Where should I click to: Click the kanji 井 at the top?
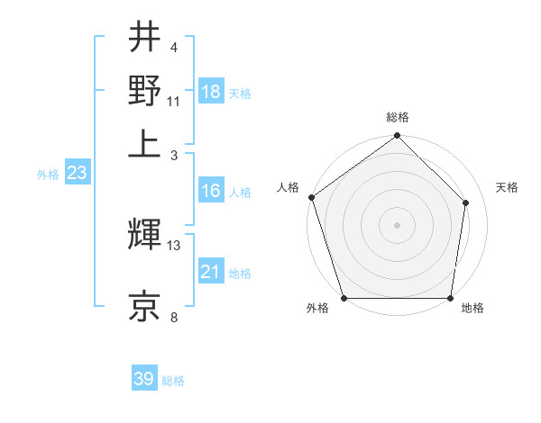pos(144,39)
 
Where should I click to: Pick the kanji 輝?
pos(144,237)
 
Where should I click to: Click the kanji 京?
pos(144,305)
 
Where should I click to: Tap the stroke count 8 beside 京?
pos(174,316)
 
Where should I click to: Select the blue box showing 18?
pos(211,92)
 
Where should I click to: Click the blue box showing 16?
pos(211,191)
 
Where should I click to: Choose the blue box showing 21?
pos(211,272)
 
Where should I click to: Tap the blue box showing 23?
pos(77,174)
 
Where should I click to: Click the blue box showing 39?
pos(144,379)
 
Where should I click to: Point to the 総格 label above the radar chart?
pos(398,117)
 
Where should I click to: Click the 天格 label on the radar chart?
pos(508,187)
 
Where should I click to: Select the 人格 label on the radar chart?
pos(289,187)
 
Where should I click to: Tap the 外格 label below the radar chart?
pos(317,309)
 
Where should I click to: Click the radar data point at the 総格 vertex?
pos(398,137)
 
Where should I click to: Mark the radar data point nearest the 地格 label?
pos(451,298)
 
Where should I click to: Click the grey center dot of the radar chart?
pos(398,224)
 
